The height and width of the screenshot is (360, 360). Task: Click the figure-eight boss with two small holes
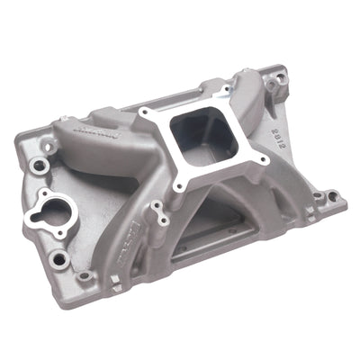[x=159, y=213]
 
